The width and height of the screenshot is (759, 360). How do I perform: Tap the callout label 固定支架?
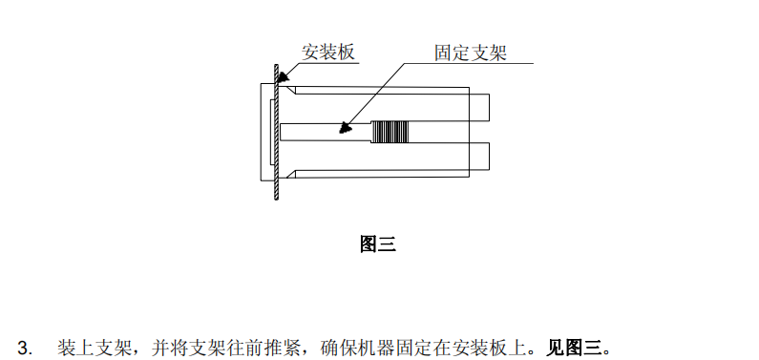coord(469,53)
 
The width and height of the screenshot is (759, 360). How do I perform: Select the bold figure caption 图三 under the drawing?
coord(377,244)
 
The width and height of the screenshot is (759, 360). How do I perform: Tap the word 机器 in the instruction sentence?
coord(374,346)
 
